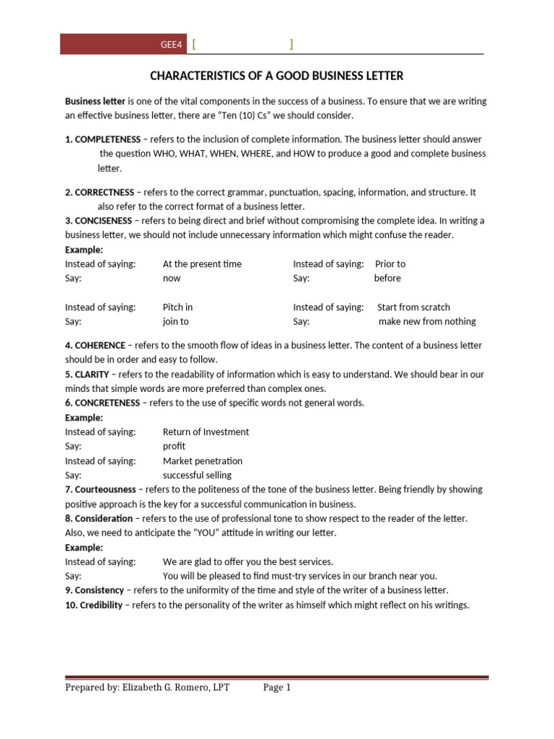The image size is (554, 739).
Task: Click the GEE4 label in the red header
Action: [171, 45]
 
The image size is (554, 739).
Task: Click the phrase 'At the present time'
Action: [202, 264]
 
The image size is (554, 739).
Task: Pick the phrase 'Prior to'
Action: [390, 264]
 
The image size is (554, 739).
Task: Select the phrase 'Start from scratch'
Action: [413, 307]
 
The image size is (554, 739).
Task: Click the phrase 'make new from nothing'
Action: [427, 322]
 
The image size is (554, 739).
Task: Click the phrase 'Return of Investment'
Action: [206, 432]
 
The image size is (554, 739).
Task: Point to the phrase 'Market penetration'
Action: [202, 461]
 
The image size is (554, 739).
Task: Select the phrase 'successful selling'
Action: [197, 476]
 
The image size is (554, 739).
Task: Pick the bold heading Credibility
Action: [102, 605]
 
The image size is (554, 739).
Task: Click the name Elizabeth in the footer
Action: [144, 688]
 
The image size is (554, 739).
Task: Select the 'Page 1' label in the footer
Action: [277, 688]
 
